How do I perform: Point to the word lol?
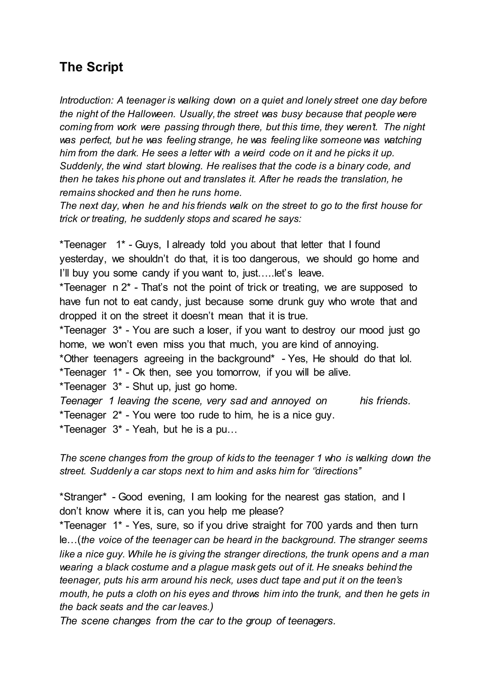405,359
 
